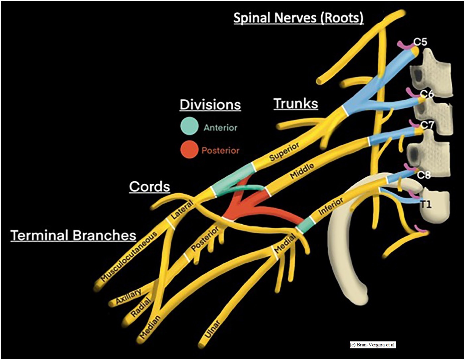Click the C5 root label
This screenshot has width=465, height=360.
(420, 42)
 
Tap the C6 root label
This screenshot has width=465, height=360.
(427, 94)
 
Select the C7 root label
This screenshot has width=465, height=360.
(427, 126)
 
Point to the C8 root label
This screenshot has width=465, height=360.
(424, 175)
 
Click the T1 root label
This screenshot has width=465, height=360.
(426, 205)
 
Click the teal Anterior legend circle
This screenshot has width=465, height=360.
(190, 127)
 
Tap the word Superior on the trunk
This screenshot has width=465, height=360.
(284, 151)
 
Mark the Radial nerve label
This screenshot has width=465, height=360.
(141, 308)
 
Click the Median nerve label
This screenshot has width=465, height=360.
(150, 327)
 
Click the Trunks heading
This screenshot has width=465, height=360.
(296, 103)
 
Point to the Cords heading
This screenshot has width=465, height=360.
(149, 186)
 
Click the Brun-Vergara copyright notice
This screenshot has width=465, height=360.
(372, 345)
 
